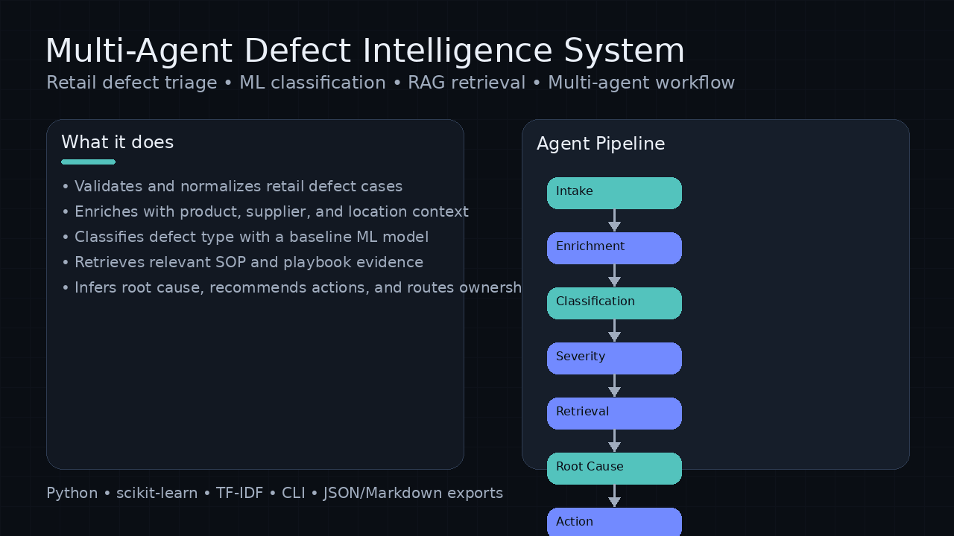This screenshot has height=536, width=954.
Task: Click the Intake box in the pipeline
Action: click(x=614, y=193)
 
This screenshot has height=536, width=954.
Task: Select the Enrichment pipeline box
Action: click(x=614, y=248)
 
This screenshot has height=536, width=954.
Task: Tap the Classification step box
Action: click(x=614, y=303)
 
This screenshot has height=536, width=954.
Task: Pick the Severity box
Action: click(x=614, y=358)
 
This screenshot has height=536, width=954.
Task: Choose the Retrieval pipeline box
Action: click(x=614, y=413)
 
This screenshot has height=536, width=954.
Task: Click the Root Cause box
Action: click(x=614, y=468)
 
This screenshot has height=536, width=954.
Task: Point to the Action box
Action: click(x=614, y=522)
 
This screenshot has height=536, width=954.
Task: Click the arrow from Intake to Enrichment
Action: click(x=614, y=220)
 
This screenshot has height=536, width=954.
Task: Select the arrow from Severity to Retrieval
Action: click(x=614, y=386)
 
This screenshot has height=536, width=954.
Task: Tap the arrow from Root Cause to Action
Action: click(x=614, y=496)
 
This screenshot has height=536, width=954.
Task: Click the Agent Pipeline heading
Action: click(x=601, y=144)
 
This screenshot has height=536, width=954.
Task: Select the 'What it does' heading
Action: click(x=117, y=142)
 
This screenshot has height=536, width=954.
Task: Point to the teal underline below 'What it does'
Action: click(x=88, y=162)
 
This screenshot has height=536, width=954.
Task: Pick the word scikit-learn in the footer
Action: click(x=157, y=493)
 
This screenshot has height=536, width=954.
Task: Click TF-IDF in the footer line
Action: click(x=239, y=493)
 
